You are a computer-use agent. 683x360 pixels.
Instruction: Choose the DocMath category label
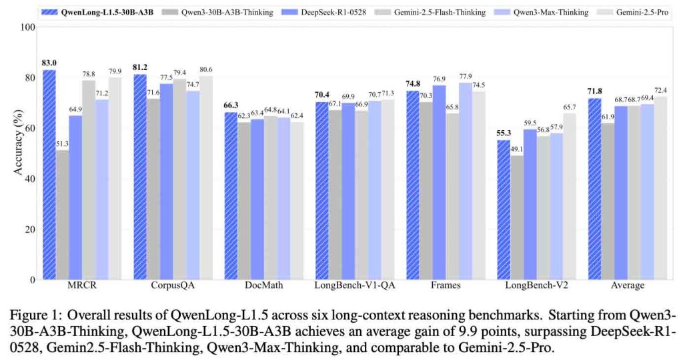click(x=263, y=287)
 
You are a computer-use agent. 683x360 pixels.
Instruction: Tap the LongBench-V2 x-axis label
click(x=536, y=287)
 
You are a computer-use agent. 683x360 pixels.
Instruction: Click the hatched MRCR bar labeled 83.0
click(x=49, y=175)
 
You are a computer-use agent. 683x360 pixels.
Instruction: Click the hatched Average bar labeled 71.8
click(x=594, y=189)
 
